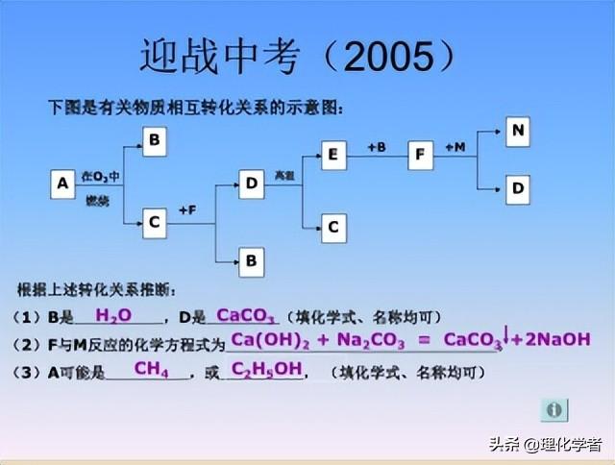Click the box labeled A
pos(62,183)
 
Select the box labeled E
pos(333,155)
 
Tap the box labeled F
pos(421,155)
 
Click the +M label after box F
pos(455,147)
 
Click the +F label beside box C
pos(185,210)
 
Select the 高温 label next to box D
pos(283,175)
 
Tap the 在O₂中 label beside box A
pos(100,176)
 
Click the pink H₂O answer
pos(112,315)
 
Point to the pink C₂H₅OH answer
pos(266,369)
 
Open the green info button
pos(553,410)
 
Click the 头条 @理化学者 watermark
pos(544,445)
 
